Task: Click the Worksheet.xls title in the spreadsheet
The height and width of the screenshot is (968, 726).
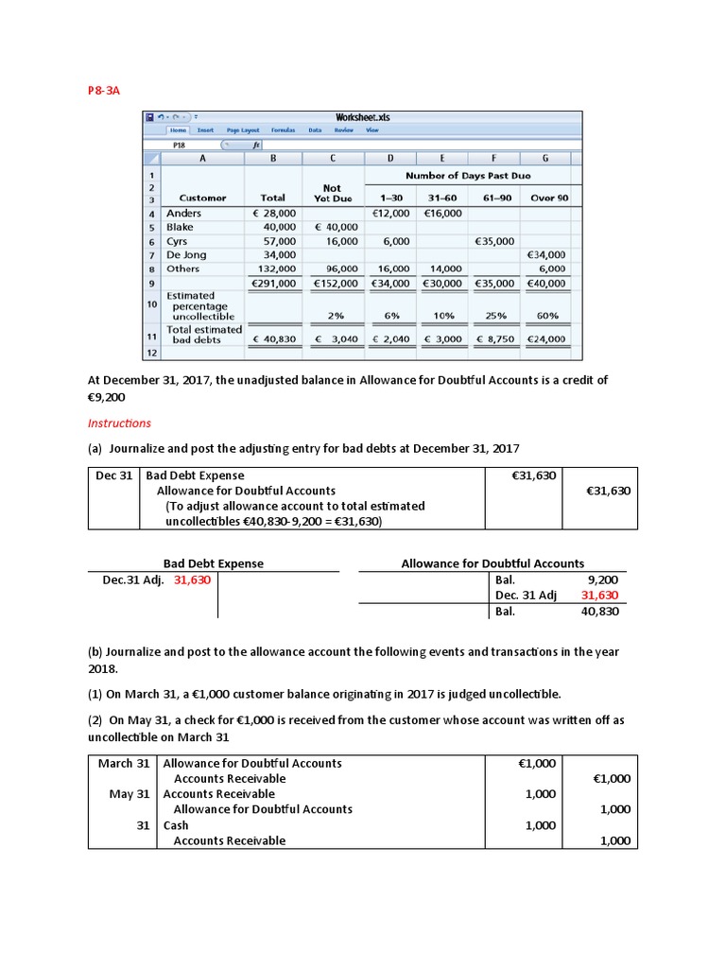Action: (x=362, y=117)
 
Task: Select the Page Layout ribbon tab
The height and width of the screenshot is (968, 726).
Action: (x=243, y=130)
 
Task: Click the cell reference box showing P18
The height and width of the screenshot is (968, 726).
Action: (x=180, y=146)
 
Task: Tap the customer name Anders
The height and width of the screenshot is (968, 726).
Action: (x=183, y=214)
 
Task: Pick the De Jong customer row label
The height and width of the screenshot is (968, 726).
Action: (x=186, y=255)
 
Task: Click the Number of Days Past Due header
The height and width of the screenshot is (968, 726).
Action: (x=467, y=176)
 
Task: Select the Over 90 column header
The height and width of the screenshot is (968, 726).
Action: (x=549, y=199)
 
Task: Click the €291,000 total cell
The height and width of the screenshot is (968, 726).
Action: (x=273, y=283)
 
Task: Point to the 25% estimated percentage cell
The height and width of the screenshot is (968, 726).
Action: (x=494, y=316)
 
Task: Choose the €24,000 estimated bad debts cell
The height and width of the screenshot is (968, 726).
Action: (x=546, y=338)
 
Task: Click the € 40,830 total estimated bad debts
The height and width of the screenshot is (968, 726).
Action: (x=273, y=338)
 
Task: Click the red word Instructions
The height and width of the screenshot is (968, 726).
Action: (x=119, y=423)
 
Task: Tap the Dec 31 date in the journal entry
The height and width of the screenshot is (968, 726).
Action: (x=113, y=475)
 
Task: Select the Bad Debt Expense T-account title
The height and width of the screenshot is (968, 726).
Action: (x=214, y=563)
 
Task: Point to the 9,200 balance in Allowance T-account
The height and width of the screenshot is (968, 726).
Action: (x=602, y=580)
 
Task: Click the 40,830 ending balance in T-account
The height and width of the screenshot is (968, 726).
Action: (x=599, y=612)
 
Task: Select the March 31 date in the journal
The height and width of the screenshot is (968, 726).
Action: (x=124, y=763)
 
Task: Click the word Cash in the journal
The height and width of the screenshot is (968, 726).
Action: (x=176, y=825)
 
